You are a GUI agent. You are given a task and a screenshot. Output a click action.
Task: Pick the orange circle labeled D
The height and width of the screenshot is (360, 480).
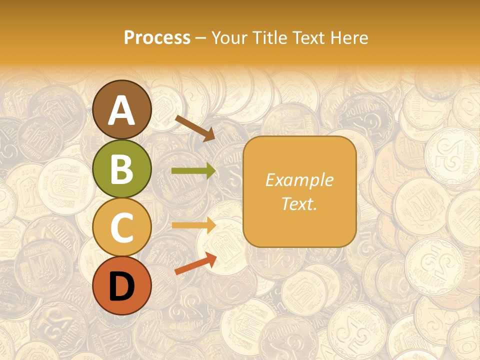coord(122,286)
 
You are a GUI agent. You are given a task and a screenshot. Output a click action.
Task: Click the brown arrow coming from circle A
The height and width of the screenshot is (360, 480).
coord(195,128)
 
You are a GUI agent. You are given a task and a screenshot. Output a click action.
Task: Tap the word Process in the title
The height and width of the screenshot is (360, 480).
coord(157,37)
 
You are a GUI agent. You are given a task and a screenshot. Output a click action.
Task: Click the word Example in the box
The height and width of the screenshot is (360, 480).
coord(299,180)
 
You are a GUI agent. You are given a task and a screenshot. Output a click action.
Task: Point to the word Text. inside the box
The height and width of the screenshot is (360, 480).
coord(299,203)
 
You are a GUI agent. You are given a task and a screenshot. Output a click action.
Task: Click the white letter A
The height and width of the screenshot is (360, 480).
coord(122,110)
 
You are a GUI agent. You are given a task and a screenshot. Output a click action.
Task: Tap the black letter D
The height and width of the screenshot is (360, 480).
coord(122,286)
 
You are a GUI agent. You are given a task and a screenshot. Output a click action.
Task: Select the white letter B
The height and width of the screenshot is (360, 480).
coord(122,169)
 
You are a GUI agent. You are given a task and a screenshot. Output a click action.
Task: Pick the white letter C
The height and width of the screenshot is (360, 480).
coord(122,227)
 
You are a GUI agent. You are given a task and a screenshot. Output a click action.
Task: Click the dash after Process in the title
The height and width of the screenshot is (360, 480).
coord(200,38)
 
